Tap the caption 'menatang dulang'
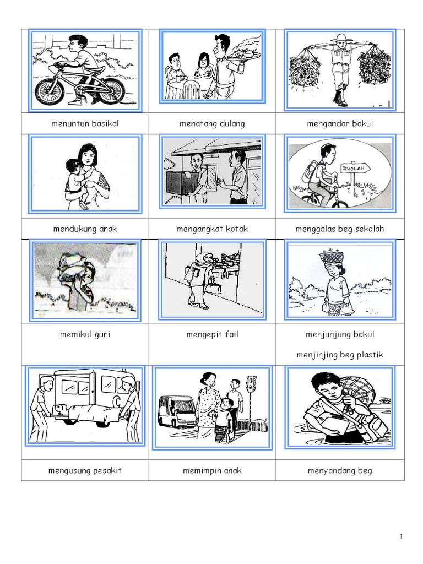(212, 124)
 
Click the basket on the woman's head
(331, 256)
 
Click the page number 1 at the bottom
(401, 536)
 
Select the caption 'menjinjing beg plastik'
(340, 355)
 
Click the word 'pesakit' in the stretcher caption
(107, 471)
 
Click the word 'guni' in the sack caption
(102, 334)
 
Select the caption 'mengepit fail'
(212, 334)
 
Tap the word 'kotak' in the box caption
(237, 229)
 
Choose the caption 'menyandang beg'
(340, 471)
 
